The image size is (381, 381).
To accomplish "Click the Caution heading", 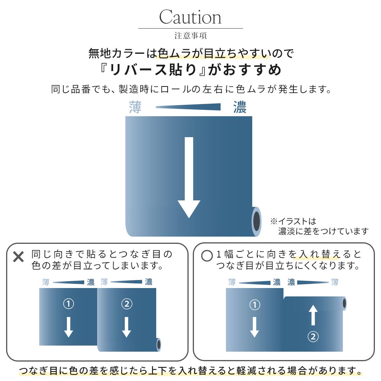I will coord(190,17).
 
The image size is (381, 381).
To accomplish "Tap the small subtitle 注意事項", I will coord(190,36).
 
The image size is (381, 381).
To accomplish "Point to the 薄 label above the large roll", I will coord(135,107).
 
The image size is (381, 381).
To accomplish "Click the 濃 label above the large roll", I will coord(240,107).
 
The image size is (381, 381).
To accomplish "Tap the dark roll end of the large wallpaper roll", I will coord(257,221).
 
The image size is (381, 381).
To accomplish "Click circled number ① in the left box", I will coord(68,304).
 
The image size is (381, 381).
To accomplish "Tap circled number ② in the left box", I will coord(126,304).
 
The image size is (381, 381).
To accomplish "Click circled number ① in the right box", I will coord(255,305).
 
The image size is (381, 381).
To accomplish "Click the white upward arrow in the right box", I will coord(313,315).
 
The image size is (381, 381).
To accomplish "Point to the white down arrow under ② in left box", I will coord(126,326).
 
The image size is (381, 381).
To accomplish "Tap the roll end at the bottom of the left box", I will coord(158,344).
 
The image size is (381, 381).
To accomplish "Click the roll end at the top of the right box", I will coord(344,303).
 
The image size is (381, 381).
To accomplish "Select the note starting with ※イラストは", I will coord(319,226).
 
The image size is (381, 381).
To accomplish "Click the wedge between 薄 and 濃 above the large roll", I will coord(189,107).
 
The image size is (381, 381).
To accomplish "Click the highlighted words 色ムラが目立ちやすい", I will coord(213,53).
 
